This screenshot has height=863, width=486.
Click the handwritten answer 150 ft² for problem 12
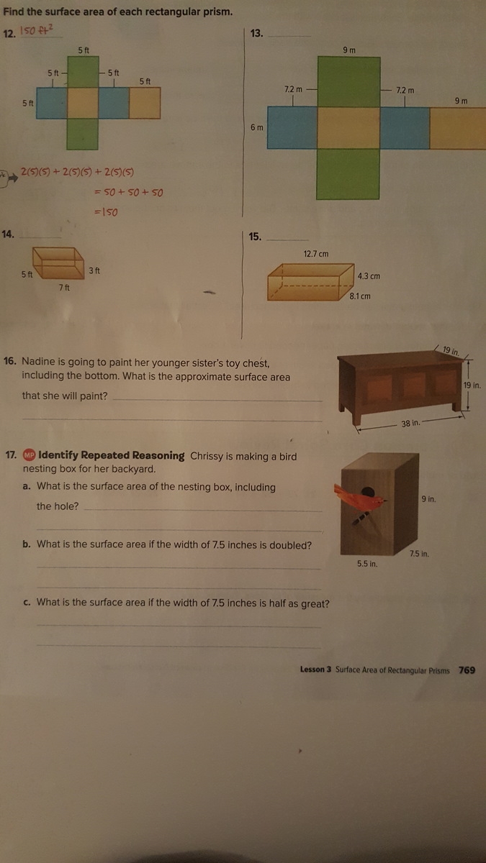pos(37,30)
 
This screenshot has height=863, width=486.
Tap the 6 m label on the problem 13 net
pos(257,127)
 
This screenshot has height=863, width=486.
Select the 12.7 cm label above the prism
pos(316,254)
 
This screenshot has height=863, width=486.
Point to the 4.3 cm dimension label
pos(369,276)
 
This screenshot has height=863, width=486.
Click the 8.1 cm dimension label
pos(360,296)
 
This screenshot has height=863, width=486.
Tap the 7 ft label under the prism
pos(64,288)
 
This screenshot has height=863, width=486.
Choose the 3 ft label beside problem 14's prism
pos(94,271)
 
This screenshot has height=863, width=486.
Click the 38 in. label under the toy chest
pos(410,424)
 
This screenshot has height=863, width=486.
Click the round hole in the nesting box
pos(368,493)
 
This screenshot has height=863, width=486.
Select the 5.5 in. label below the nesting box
pos(367,564)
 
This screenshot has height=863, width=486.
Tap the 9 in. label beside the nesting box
pos(428,499)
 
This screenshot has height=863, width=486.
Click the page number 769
pos(467,670)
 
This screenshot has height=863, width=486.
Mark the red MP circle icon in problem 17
pos(29,455)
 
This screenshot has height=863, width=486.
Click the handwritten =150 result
pos(106,212)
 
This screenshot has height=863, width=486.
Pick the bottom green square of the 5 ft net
pos(82,134)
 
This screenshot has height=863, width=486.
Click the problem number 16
pos(10,361)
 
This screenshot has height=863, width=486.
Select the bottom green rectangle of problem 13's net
pos(348,174)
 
